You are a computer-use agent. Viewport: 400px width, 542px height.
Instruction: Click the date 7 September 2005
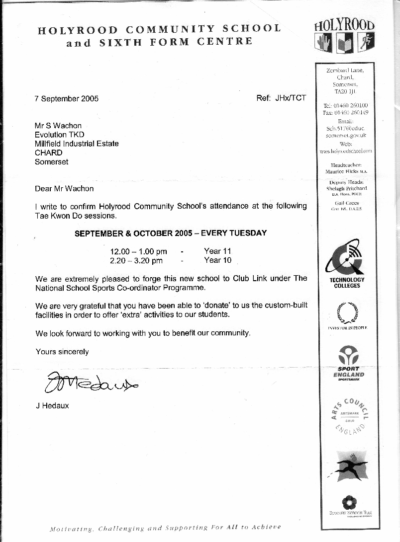[67, 98]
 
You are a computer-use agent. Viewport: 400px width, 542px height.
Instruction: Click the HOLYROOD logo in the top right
[344, 35]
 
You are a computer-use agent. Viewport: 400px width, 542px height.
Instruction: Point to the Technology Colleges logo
[347, 264]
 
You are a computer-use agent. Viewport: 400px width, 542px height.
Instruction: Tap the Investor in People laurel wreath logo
[347, 315]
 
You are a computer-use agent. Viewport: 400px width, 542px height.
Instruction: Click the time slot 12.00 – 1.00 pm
[138, 251]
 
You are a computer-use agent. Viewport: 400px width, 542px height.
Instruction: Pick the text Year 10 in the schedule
[217, 260]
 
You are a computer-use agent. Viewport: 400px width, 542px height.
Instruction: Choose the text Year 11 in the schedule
[217, 251]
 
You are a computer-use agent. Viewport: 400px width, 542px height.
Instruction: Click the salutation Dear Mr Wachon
[64, 188]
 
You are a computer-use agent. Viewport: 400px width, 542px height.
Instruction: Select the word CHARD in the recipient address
[48, 153]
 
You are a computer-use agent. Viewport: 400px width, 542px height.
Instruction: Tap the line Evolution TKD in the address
[59, 135]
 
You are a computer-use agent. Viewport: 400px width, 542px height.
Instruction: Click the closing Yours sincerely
[62, 352]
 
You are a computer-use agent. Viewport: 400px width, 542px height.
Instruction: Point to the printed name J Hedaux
[52, 405]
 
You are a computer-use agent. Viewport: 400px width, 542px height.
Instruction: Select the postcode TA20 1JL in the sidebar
[345, 92]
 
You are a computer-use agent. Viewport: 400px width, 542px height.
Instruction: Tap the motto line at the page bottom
[165, 528]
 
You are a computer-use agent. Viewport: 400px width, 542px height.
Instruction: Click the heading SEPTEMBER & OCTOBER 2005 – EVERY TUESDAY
[171, 233]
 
